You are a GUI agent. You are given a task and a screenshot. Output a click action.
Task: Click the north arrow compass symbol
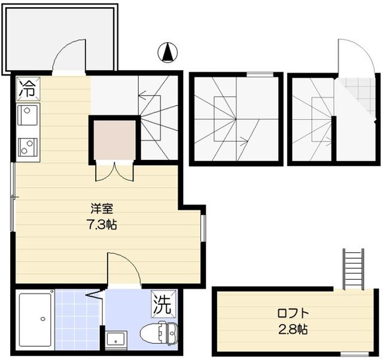pos(168,52)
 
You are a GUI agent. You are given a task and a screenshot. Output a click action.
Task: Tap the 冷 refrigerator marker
pos(28,89)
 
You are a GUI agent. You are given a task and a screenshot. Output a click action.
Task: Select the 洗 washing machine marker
pos(163,304)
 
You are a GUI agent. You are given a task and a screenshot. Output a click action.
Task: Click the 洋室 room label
pos(102,209)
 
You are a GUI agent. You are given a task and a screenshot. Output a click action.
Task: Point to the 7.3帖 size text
pos(102,224)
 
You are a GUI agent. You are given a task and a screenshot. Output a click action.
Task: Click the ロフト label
pos(293,313)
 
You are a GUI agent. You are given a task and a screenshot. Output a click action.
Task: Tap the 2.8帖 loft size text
pos(293,329)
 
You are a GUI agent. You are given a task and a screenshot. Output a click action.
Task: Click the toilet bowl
pos(159,333)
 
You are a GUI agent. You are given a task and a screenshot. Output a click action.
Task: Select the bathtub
pos(35,320)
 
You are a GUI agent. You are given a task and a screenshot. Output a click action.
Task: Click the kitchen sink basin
pos(28,115)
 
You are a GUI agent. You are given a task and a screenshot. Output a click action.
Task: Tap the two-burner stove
pos(28,147)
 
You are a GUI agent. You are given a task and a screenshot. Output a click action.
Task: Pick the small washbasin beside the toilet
pos(116,338)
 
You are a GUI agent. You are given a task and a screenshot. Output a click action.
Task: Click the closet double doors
pos(114,173)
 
